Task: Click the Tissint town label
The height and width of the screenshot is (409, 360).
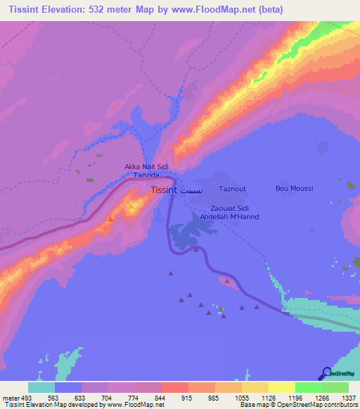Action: click(x=164, y=190)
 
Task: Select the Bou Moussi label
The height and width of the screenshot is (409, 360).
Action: click(x=294, y=188)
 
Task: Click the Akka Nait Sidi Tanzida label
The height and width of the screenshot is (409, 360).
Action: click(x=146, y=171)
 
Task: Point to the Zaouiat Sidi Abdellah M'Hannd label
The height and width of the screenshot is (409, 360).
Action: click(x=229, y=213)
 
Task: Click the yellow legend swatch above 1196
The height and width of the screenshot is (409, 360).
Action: click(x=282, y=387)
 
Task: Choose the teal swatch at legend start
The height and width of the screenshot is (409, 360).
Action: click(x=41, y=387)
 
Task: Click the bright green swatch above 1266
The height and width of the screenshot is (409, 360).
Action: click(x=309, y=387)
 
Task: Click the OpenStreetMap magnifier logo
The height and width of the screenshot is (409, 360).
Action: click(x=326, y=373)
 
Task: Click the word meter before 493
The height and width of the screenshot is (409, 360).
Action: click(x=10, y=397)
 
